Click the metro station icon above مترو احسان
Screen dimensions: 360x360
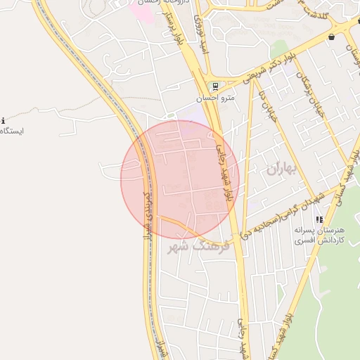point(215,86)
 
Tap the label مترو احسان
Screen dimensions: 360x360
point(215,98)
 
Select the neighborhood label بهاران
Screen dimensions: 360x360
point(283,169)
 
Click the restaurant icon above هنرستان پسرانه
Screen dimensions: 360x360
point(319,219)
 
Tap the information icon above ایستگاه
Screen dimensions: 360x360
point(3,121)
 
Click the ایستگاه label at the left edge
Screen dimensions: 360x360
point(12,131)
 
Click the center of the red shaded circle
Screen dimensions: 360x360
point(180,179)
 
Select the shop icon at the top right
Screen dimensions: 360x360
point(331,37)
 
